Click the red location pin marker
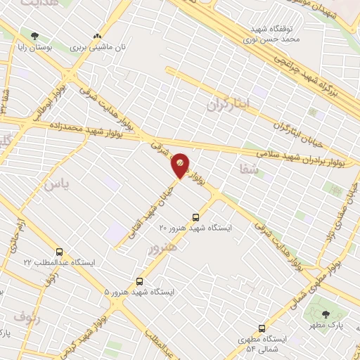coord(180,165)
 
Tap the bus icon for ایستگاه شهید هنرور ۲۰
coord(195,217)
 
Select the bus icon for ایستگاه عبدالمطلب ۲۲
coord(58,252)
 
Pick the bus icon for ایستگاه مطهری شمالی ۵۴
coord(262,328)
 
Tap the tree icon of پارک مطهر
coord(325,314)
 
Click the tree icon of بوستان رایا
coord(34,34)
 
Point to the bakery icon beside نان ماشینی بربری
coord(97,35)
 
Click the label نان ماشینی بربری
coord(101,47)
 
